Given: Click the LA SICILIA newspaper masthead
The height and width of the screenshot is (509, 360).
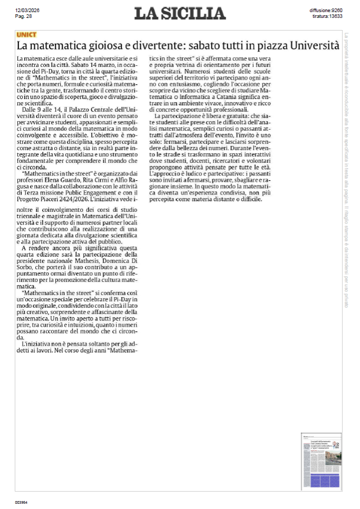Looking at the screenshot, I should pos(180,13).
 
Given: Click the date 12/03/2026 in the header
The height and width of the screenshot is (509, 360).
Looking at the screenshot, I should pos(27,11).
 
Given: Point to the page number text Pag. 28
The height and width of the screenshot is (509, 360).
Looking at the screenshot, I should pos(24,16).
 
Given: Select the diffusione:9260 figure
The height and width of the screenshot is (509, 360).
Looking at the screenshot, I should pos(326,11).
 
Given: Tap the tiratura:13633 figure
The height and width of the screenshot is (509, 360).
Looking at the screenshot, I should pos(327,16).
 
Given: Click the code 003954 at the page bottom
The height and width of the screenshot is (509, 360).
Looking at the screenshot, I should pos(21,502).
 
